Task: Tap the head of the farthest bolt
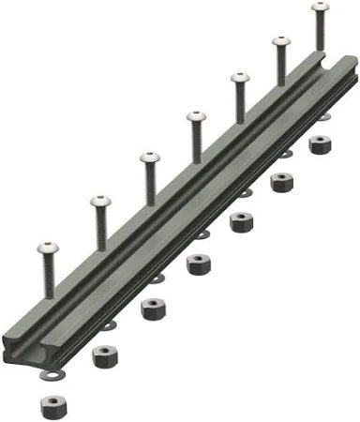320,7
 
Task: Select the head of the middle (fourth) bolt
196,116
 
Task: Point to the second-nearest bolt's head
99,200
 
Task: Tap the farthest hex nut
320,144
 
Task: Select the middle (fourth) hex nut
198,264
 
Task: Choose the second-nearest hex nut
105,356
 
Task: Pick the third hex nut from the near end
152,308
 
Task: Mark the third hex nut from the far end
242,222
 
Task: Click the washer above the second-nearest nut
109,325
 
